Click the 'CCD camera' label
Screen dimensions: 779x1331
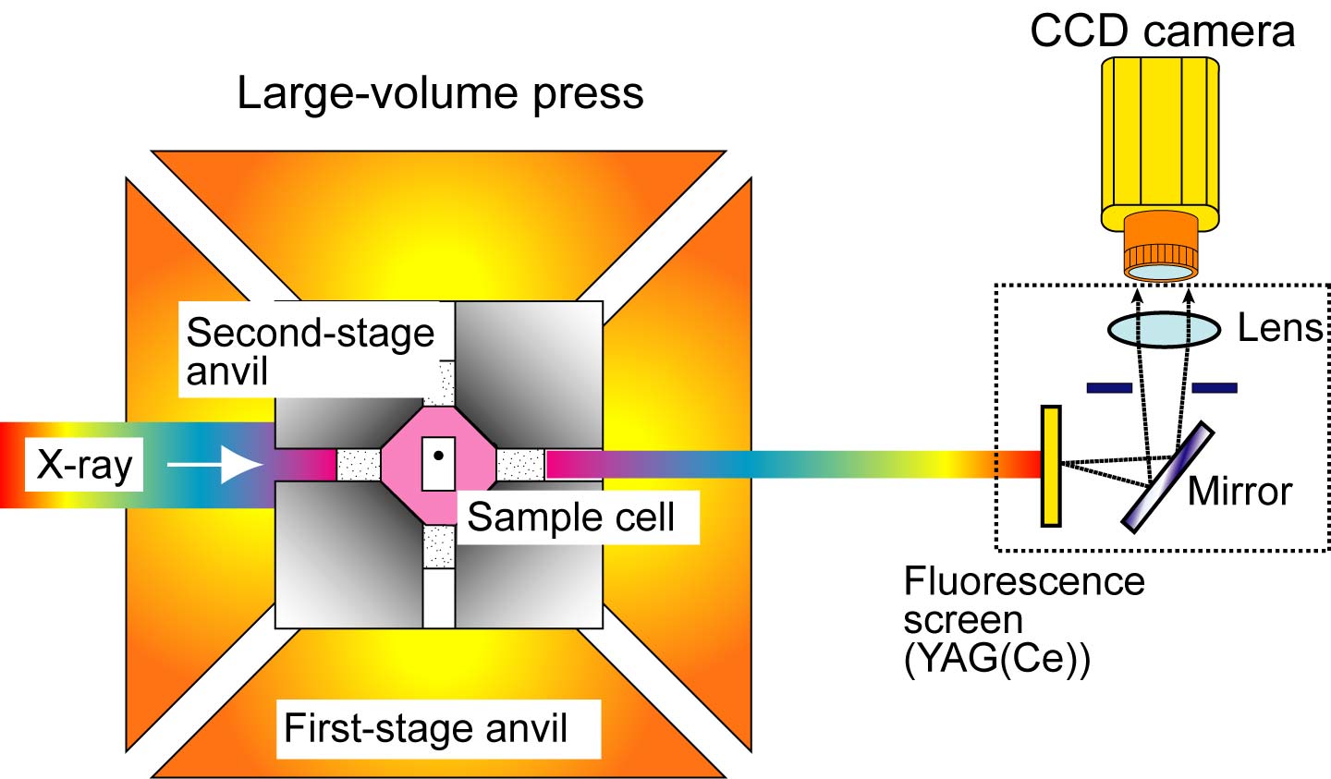1162,30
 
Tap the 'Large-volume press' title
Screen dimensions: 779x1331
440,93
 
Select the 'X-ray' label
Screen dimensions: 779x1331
84,464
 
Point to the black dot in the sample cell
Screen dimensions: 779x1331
439,455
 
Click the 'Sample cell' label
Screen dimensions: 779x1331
570,517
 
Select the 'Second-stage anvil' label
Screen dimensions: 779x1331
310,351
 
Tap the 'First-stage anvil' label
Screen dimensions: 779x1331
425,728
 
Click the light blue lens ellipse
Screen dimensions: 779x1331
1162,330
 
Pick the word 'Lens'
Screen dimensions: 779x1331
1280,328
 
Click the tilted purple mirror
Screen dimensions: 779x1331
1167,477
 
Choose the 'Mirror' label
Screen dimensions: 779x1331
1239,491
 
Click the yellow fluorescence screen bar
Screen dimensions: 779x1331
1051,466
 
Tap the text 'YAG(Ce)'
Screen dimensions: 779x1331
997,660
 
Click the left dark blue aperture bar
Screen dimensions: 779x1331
1109,388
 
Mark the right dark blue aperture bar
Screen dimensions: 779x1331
1214,388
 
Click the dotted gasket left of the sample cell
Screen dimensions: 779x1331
359,465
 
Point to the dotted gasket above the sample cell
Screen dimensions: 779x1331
439,383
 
